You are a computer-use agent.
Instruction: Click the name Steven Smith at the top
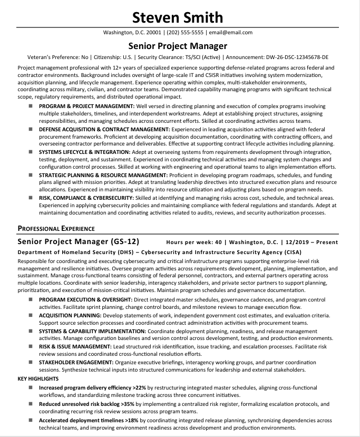(x=178, y=17)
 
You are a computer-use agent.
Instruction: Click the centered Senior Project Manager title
(x=178, y=46)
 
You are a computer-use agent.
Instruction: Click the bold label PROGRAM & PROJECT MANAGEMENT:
(x=86, y=106)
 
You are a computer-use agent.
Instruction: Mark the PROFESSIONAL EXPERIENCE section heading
(x=56, y=228)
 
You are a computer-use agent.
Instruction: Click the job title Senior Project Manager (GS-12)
(x=78, y=242)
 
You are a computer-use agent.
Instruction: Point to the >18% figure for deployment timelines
(x=132, y=420)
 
